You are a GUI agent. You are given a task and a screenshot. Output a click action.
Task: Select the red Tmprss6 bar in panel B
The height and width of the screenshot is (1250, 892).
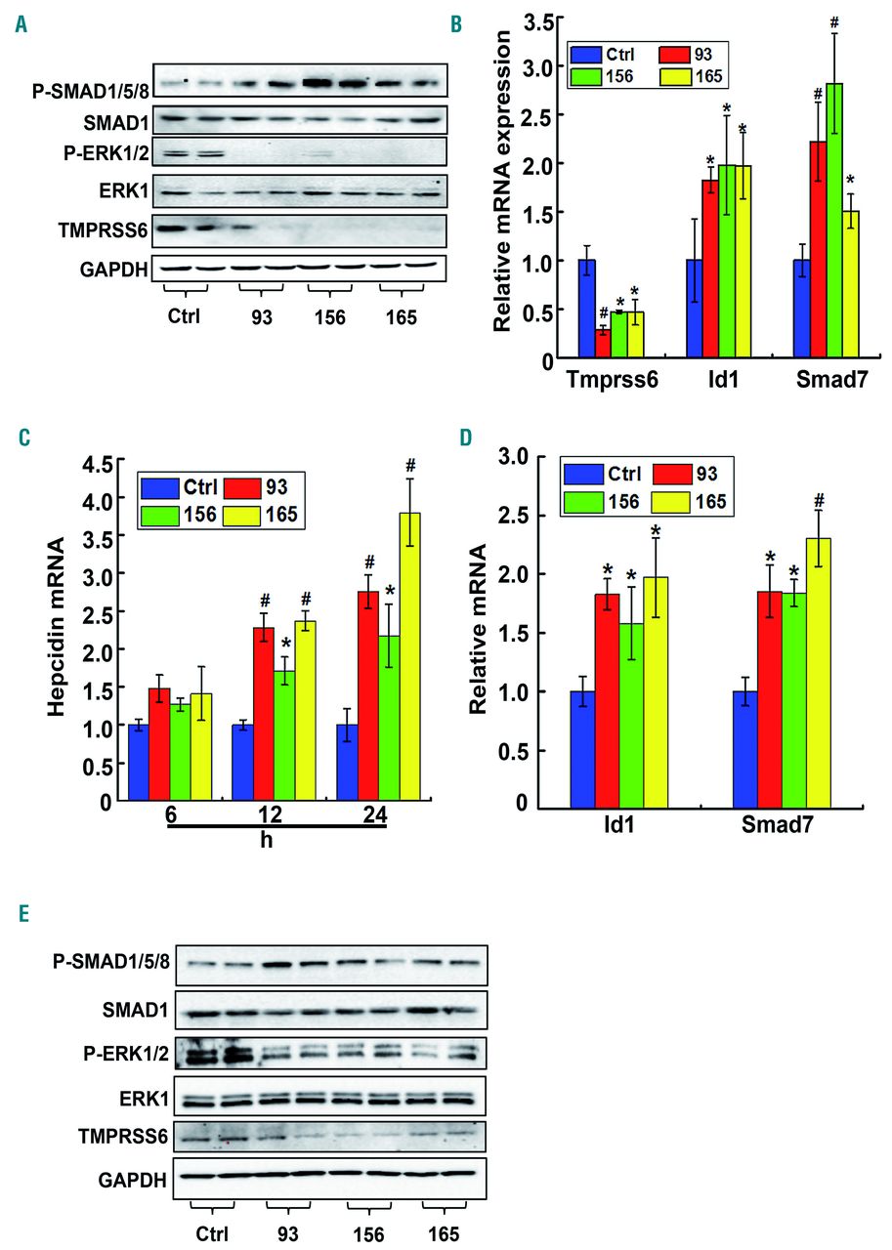tap(604, 345)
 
